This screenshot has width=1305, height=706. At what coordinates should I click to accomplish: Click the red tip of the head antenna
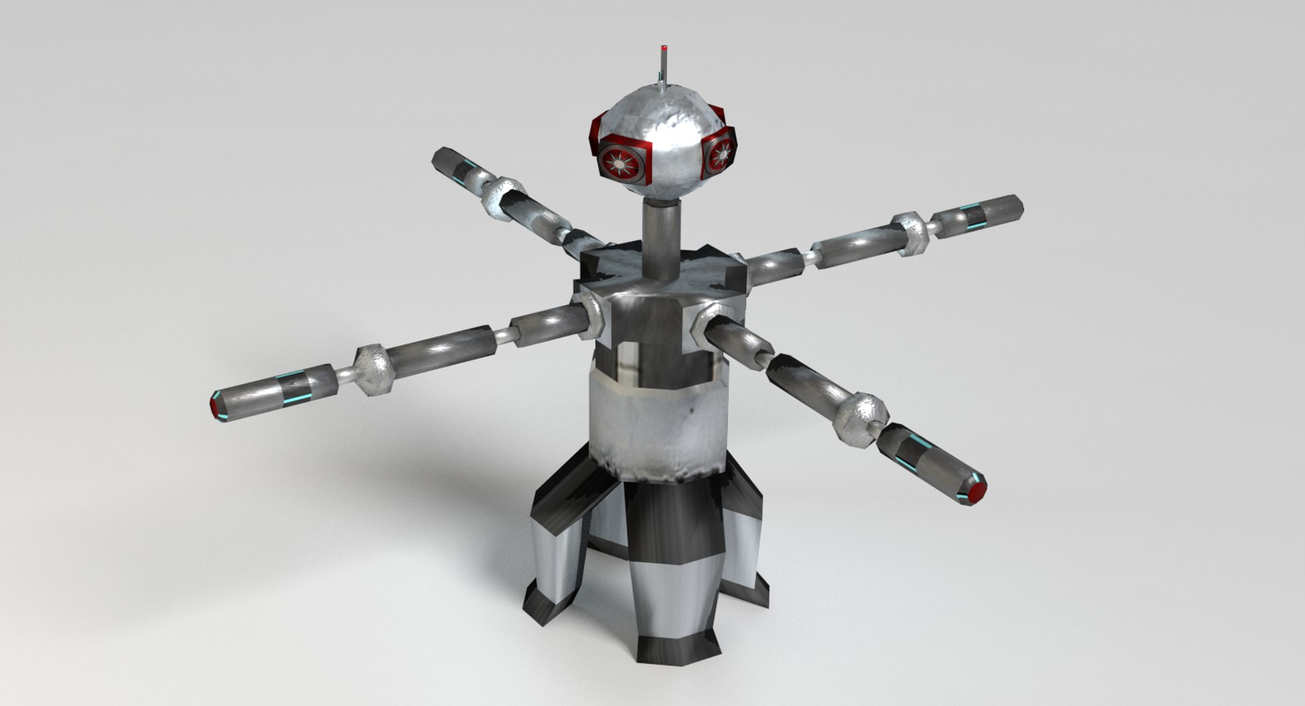(x=663, y=49)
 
